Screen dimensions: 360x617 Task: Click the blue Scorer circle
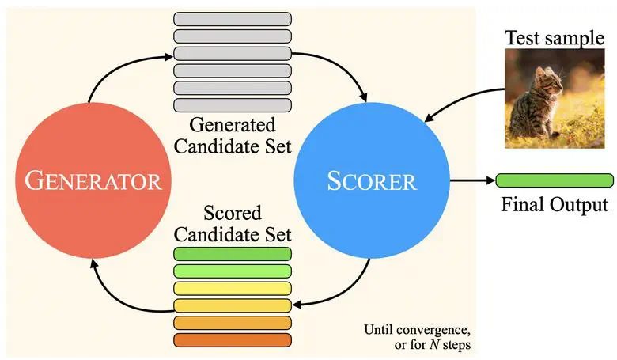tap(371, 181)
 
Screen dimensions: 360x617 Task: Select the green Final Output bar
tap(554, 180)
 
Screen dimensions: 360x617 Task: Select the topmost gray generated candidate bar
tap(233, 19)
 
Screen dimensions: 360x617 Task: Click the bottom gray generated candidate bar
tap(233, 105)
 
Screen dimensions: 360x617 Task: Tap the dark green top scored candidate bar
tap(233, 254)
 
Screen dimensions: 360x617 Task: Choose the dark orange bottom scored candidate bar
tap(233, 340)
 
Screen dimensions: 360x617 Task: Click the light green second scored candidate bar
tap(233, 271)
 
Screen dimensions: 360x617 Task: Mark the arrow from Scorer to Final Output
tap(471, 180)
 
